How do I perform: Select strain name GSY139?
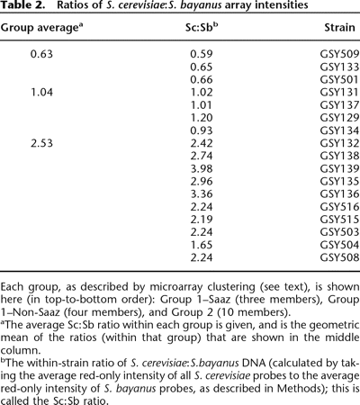click(x=338, y=167)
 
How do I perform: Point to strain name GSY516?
click(x=338, y=205)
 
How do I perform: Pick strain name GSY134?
click(x=338, y=130)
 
